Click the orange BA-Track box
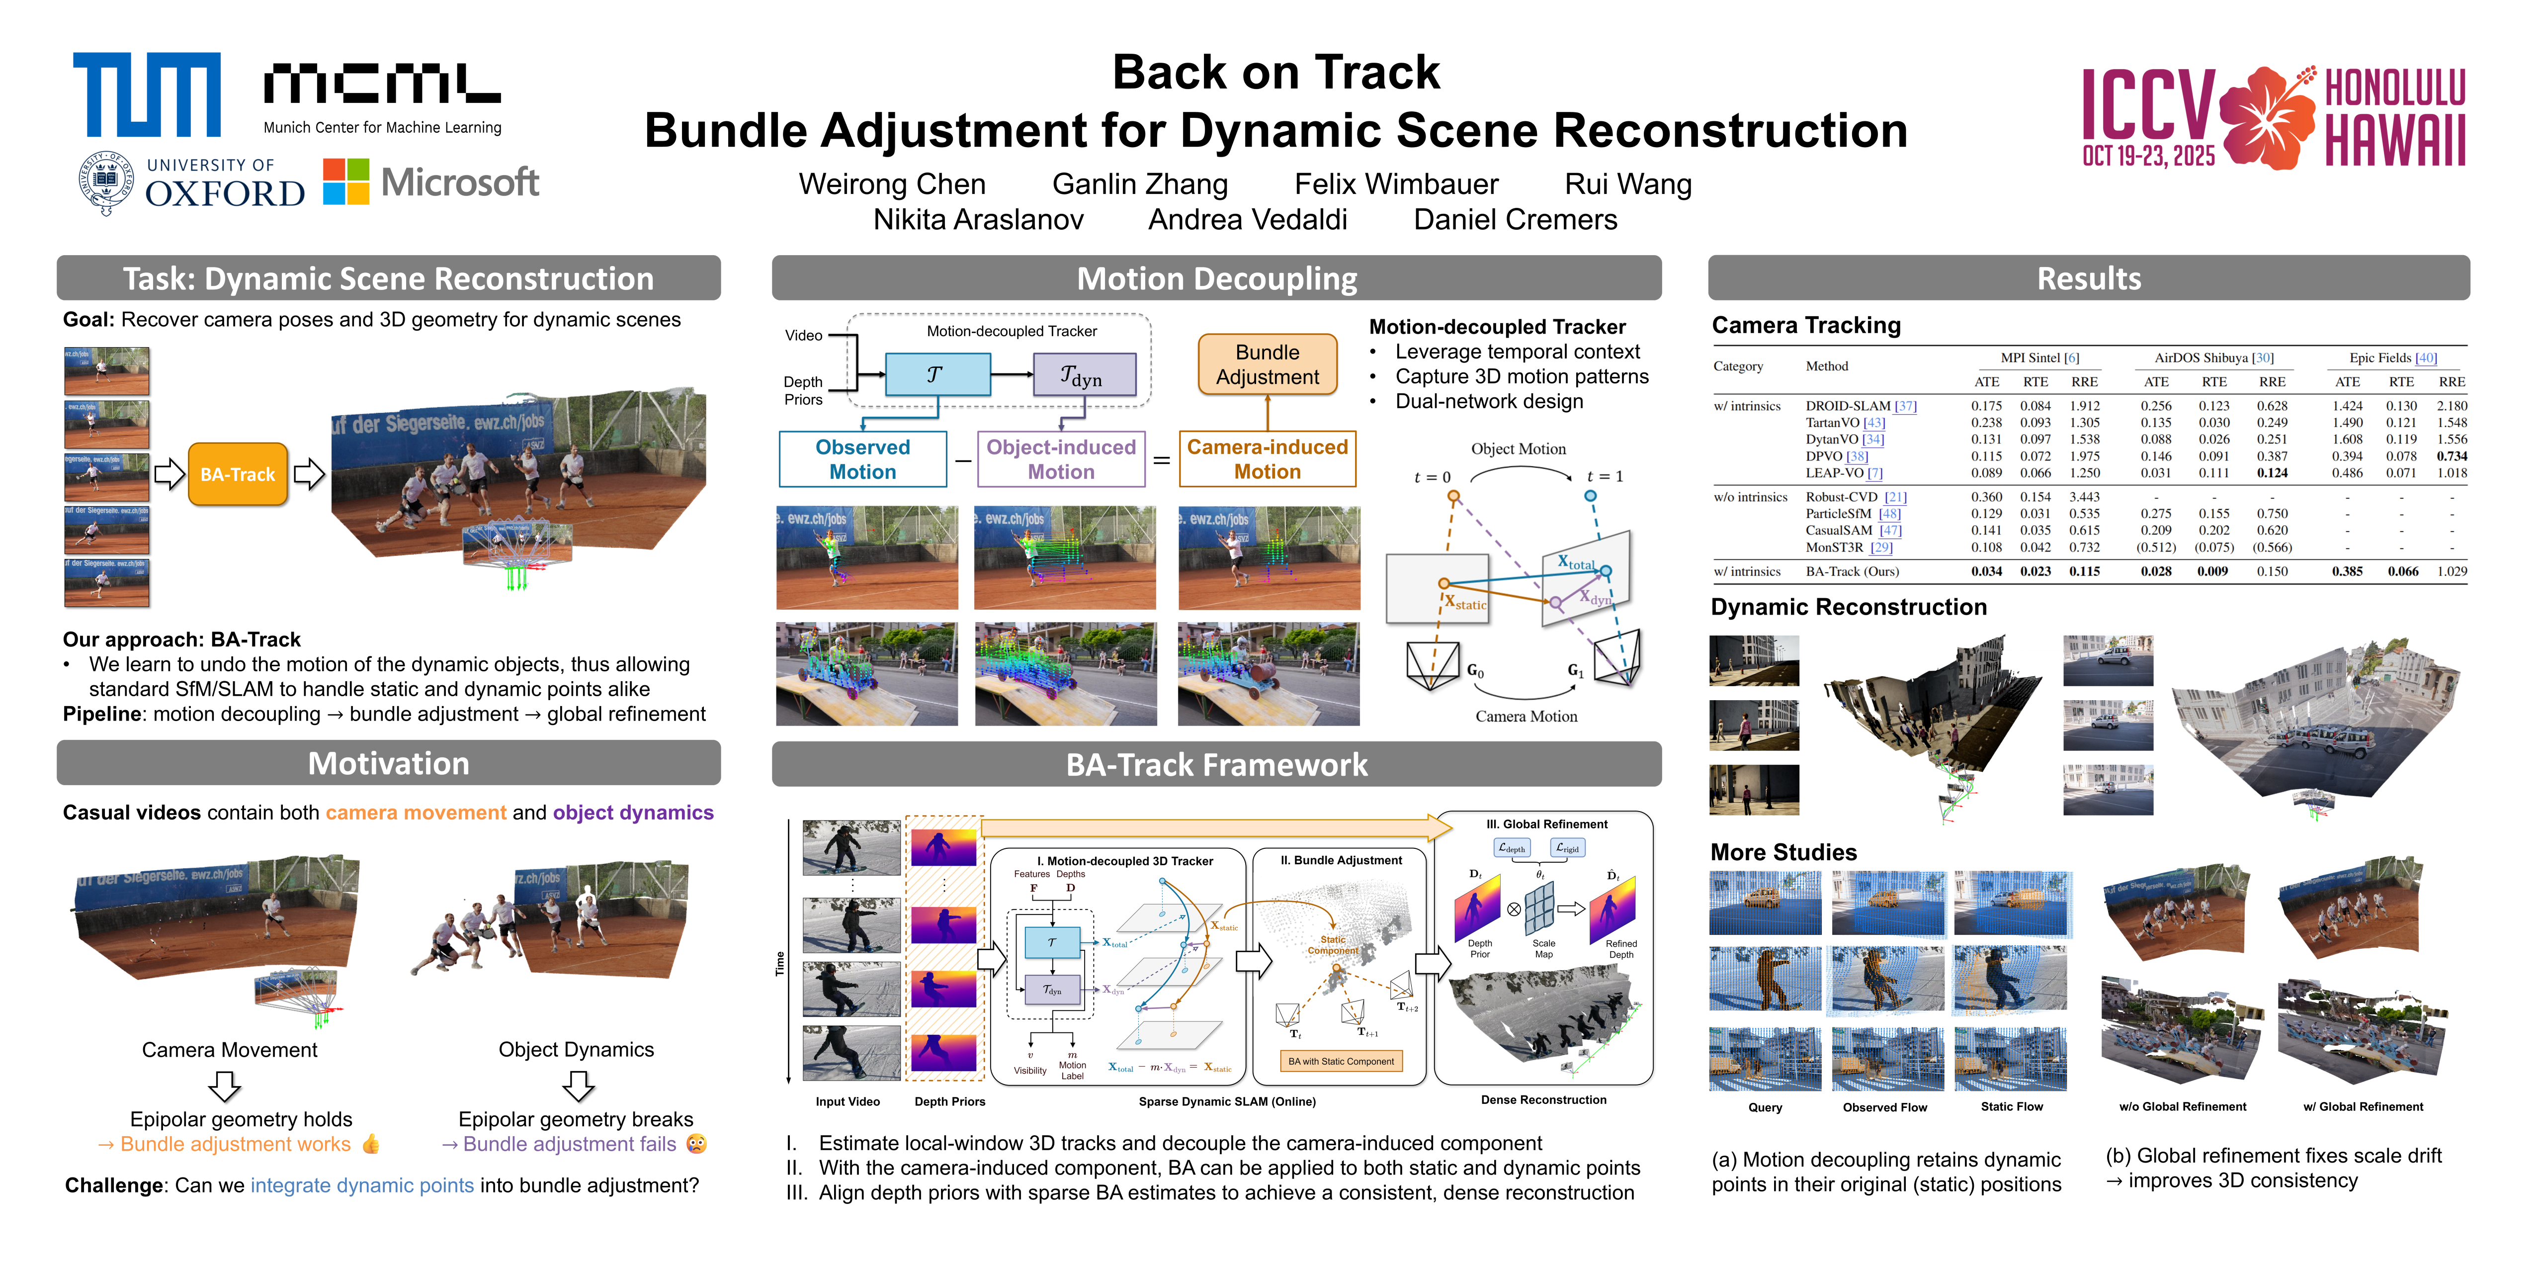coord(237,474)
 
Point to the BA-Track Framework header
coord(1216,765)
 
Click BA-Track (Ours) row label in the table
coord(1852,571)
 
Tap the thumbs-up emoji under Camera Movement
coord(370,1145)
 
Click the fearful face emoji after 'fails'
coord(696,1145)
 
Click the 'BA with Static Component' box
coord(1341,1062)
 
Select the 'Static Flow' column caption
coord(2012,1107)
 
